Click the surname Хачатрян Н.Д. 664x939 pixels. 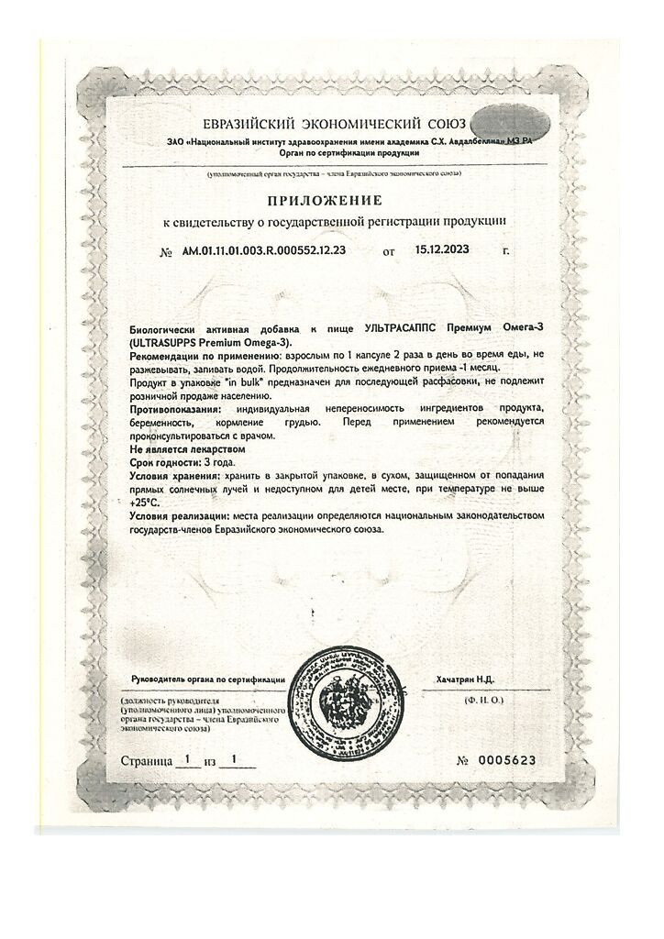coord(465,679)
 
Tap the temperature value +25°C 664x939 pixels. coord(144,503)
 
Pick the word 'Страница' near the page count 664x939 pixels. coord(147,761)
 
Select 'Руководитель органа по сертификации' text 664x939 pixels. coord(207,679)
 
